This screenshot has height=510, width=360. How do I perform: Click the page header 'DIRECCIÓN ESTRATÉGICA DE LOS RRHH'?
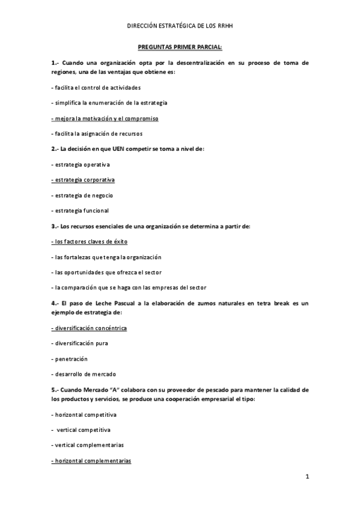coord(180,26)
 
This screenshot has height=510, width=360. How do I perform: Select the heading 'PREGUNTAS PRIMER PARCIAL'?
coord(180,46)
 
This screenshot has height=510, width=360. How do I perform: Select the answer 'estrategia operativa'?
coord(81,164)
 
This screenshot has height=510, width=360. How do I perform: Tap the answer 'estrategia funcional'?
coord(80,210)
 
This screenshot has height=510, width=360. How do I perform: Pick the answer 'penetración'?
coord(70,358)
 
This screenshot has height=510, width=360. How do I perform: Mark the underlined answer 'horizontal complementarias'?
coord(91,461)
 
